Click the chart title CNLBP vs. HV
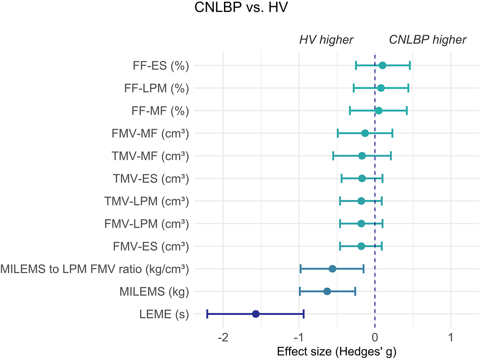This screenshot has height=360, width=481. coord(241,8)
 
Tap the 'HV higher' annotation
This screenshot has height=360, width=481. coord(326,40)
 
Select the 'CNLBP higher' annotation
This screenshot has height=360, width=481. coord(427,40)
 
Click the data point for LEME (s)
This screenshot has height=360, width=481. coord(256,314)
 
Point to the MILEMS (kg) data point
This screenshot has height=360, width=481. coord(327,292)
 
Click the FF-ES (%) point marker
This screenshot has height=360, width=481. coord(382,65)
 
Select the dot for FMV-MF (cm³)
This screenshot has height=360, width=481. coord(365,133)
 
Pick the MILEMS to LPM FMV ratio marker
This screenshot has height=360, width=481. coord(332,269)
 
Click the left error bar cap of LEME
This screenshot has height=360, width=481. coord(207,314)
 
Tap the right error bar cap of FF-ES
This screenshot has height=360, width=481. coord(410,65)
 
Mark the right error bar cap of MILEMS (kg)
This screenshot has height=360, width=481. coord(355,292)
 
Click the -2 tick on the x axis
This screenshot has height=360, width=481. coord(223,338)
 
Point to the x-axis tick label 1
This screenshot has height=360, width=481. coord(451,338)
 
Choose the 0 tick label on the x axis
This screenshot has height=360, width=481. coord(375,338)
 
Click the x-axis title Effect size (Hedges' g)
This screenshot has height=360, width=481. coord(336,352)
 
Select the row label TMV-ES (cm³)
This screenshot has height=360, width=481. coord(151,179)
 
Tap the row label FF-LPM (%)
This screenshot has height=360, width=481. coord(156,88)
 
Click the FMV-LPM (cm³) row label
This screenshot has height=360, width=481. coord(146,224)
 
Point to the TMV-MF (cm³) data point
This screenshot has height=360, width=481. coord(362,156)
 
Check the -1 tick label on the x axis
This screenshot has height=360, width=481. coord(299,338)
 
